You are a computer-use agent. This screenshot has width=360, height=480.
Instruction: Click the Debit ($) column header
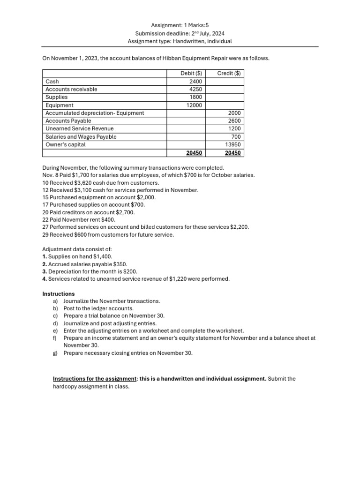tap(191, 74)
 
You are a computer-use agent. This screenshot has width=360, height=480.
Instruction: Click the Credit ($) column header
tap(229, 74)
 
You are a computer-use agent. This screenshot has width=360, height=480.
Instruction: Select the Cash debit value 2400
tap(195, 82)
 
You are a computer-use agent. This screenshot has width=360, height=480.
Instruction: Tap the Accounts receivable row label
tap(71, 90)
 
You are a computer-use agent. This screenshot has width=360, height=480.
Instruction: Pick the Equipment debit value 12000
tap(194, 105)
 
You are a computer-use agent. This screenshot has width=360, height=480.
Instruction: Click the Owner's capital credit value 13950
tap(233, 145)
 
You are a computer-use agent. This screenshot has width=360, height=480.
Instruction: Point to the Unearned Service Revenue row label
tap(79, 129)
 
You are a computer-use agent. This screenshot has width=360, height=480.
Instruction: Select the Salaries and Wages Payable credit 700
tap(236, 137)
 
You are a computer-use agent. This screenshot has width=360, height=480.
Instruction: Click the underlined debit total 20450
tap(194, 153)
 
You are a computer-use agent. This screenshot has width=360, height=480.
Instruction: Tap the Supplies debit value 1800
tap(195, 97)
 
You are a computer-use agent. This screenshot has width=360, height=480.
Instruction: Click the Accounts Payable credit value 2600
tap(234, 121)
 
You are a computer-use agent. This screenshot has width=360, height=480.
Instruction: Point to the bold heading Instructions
tap(59, 294)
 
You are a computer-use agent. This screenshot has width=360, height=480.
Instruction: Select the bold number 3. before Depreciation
tap(45, 271)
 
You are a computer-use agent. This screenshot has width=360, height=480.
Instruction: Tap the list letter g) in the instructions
tap(55, 353)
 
